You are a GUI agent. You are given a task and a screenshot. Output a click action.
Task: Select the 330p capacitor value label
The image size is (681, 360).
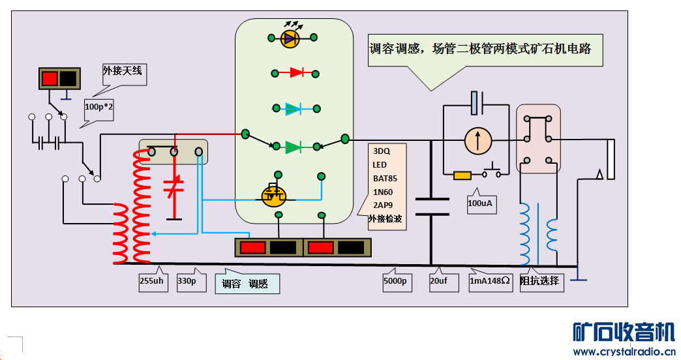tap(187, 281)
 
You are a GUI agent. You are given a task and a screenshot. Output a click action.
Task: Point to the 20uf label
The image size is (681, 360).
tap(438, 281)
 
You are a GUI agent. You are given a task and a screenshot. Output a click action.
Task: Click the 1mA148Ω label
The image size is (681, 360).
tap(491, 281)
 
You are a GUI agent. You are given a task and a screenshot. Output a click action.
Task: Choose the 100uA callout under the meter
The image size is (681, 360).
tap(480, 203)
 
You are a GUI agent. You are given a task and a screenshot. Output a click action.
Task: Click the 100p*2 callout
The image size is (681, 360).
tap(98, 106)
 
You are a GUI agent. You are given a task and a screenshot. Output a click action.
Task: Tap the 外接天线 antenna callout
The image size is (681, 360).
tap(122, 70)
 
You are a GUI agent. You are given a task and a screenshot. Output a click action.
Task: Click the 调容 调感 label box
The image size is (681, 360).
tap(247, 284)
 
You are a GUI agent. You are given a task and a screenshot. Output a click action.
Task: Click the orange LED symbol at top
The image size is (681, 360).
tap(290, 38)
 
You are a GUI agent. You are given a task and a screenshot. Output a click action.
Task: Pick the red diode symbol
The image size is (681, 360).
tap(296, 72)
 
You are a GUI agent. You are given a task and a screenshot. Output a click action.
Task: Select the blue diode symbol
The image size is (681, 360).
tap(294, 108)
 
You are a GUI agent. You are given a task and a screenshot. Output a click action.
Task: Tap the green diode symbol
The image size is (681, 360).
tap(294, 147)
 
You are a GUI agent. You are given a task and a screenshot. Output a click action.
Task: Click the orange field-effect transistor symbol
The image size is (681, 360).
tap(273, 194)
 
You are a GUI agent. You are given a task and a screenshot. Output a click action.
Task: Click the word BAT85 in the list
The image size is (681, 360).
tap(385, 177)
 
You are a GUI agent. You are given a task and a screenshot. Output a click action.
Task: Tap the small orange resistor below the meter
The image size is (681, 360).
tap(462, 175)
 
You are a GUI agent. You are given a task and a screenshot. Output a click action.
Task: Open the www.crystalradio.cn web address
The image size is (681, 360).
tap(624, 352)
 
